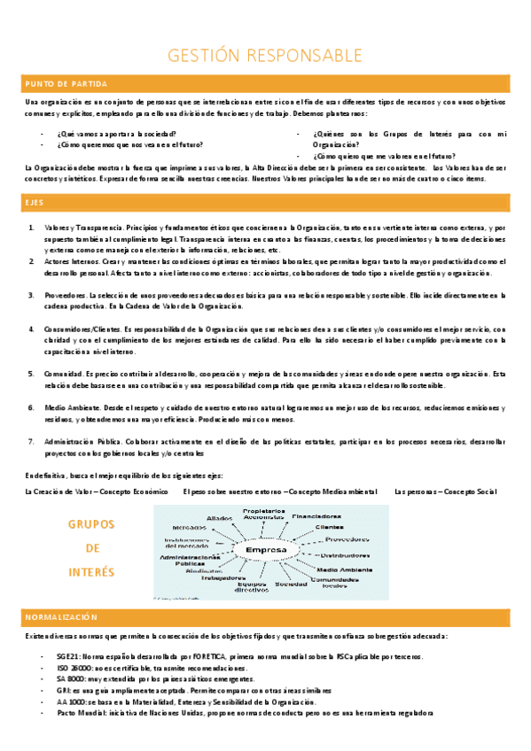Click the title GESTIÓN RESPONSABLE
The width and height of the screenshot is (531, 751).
point(265,57)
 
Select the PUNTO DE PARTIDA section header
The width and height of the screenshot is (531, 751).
point(53,84)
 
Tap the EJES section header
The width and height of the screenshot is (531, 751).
point(33,204)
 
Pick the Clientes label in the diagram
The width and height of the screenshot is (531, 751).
point(329,527)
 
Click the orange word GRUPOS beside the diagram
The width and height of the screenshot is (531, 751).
point(91,524)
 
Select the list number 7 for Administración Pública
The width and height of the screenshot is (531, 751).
point(32,440)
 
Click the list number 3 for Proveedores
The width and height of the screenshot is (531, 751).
point(32,295)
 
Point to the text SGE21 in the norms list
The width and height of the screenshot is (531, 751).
point(66,655)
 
